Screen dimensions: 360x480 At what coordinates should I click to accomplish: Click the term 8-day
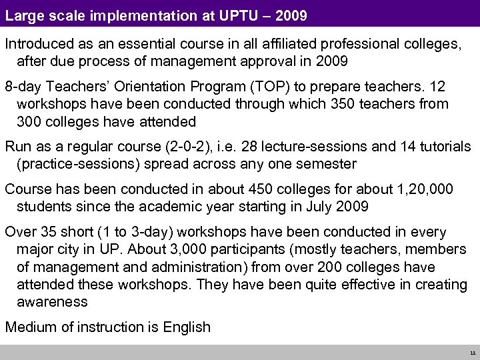point(23,89)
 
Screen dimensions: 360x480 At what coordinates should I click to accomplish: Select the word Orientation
point(170,89)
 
